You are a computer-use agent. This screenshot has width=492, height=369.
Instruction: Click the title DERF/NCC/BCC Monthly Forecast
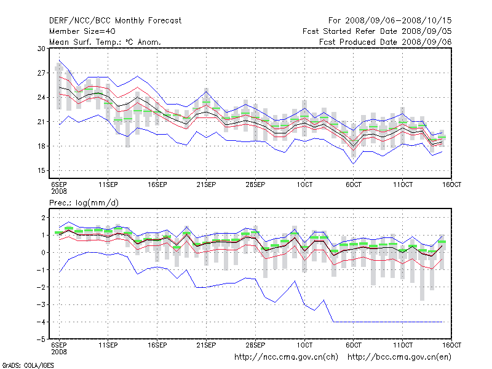point(115,21)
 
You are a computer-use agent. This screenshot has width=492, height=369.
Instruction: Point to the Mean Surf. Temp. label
point(105,42)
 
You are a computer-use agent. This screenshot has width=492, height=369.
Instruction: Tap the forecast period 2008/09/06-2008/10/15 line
point(386,21)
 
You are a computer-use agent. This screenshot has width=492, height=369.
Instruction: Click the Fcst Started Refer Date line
point(377,31)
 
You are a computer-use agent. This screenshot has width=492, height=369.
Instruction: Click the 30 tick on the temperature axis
point(41,48)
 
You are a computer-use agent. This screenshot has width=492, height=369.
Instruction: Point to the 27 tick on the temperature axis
point(41,73)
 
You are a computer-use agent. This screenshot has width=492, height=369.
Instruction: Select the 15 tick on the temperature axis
point(41,170)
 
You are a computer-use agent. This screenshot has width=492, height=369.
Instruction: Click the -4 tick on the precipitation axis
point(42,322)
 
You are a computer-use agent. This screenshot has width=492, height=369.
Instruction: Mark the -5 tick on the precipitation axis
point(42,339)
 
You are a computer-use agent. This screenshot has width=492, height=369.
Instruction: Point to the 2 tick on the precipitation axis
point(43,218)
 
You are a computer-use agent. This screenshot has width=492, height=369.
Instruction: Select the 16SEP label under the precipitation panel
point(157,346)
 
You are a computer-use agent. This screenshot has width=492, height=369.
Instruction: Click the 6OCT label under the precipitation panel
point(354,346)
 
